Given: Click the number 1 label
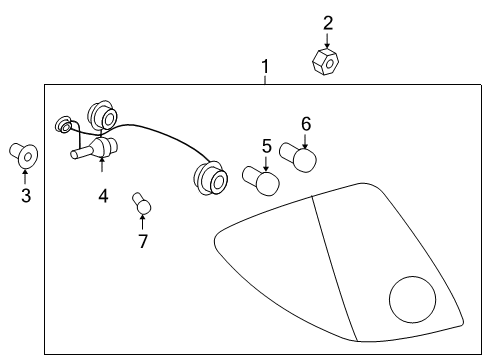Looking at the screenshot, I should (x=265, y=68).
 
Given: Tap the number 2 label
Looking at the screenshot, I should (x=328, y=22).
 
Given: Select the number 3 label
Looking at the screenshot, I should (x=26, y=196).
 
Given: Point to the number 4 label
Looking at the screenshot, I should (x=103, y=196).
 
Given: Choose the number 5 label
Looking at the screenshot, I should (x=267, y=146).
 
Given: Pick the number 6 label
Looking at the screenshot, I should (x=306, y=124).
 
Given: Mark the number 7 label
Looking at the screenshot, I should (x=143, y=241).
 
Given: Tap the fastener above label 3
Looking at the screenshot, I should (x=24, y=154).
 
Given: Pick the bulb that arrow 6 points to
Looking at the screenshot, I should (x=303, y=159).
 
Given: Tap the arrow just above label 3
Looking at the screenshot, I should (x=25, y=177).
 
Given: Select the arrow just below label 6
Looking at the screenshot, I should (x=306, y=139).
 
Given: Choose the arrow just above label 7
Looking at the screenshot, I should (x=142, y=224).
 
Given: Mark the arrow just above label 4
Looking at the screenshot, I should (x=102, y=177).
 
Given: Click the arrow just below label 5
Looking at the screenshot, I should (x=266, y=162).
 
